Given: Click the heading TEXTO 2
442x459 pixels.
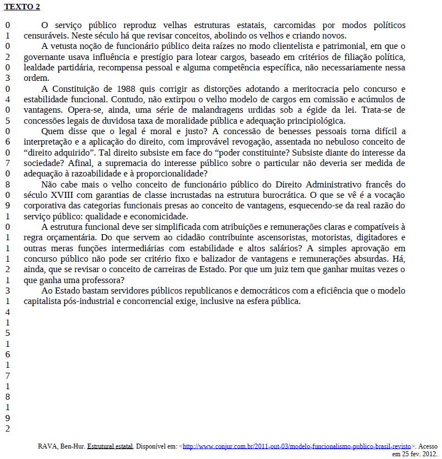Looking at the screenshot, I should (x=22, y=7).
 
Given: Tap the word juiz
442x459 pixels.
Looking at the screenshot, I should (x=303, y=269).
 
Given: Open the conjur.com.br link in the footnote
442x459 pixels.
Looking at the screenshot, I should (x=297, y=447).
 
